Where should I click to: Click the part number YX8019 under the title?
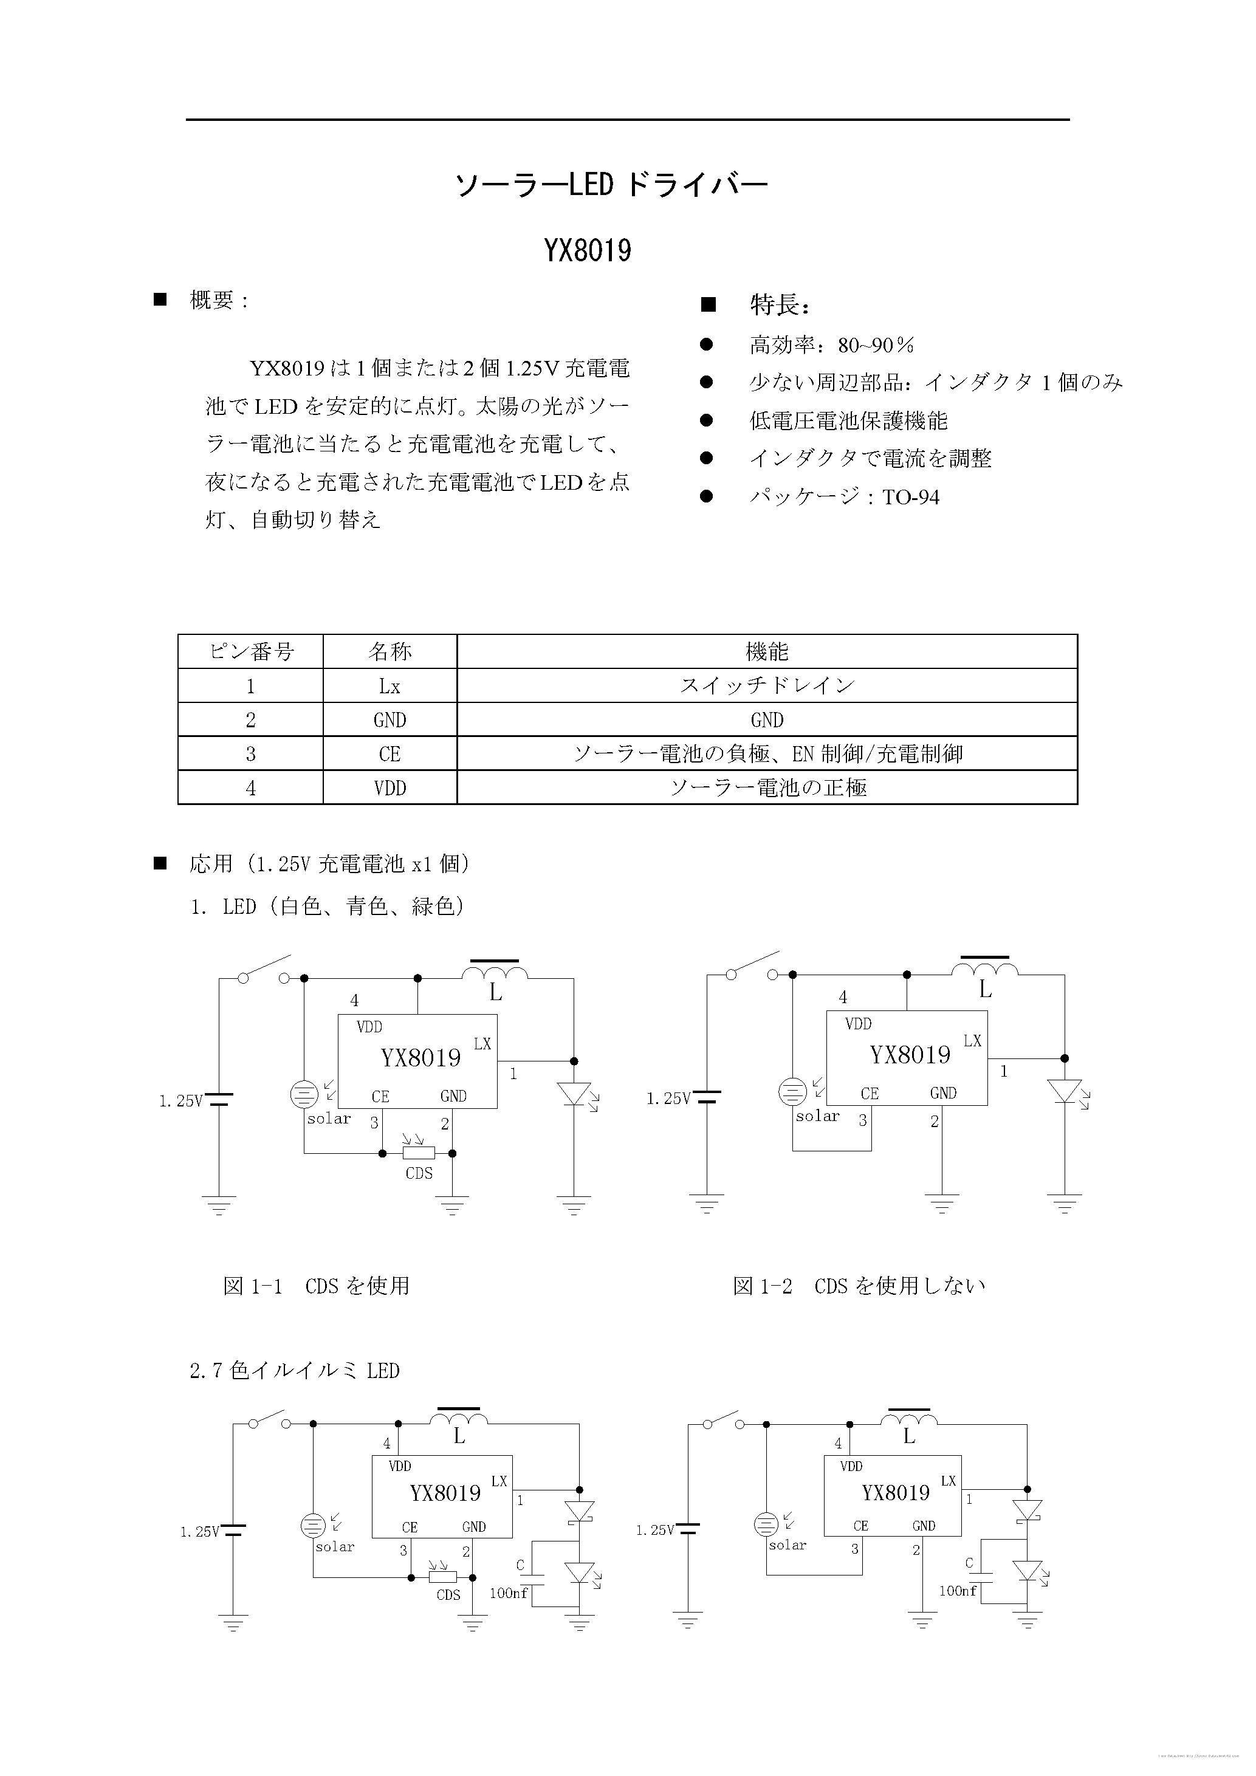point(588,250)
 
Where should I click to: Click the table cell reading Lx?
point(389,686)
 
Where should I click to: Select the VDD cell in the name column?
point(389,788)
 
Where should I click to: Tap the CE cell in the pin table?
point(389,754)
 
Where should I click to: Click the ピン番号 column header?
point(250,651)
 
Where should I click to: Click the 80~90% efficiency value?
point(876,345)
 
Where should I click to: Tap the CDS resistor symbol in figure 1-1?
point(419,1153)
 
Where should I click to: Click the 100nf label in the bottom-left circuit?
point(508,1593)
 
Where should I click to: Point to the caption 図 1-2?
point(763,1286)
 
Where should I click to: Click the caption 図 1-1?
point(252,1286)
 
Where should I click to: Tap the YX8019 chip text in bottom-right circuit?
point(895,1493)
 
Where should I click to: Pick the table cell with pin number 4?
point(250,788)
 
